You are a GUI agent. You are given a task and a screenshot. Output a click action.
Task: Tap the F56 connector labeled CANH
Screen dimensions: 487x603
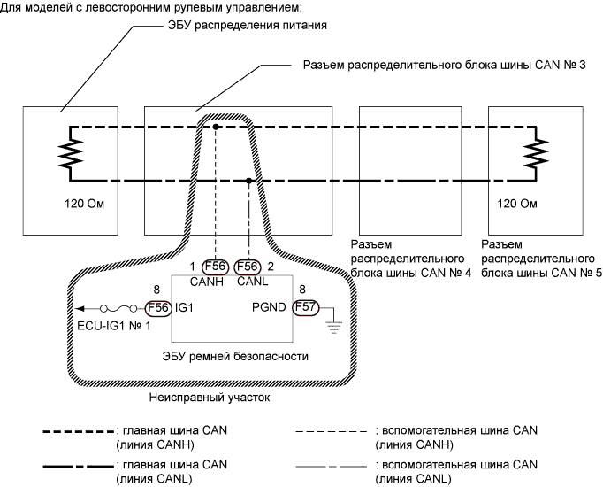point(216,266)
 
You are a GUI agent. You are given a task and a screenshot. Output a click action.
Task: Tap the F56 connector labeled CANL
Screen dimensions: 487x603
point(248,266)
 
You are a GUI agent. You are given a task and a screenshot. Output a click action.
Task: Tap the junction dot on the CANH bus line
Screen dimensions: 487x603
point(216,128)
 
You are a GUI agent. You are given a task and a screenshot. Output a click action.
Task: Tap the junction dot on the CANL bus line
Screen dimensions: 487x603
point(248,181)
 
